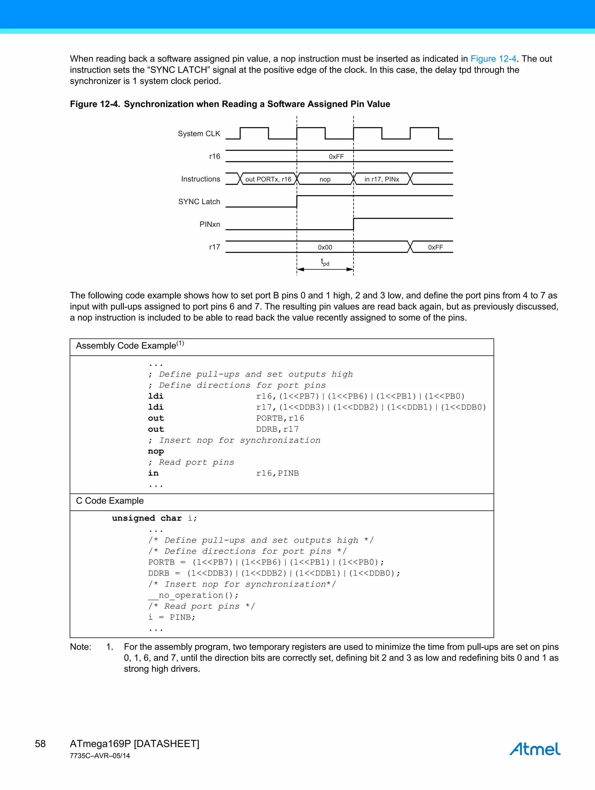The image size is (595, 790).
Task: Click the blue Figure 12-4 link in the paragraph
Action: click(x=493, y=59)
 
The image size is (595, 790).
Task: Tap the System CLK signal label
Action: click(x=199, y=134)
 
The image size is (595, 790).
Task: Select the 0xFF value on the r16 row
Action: click(x=336, y=156)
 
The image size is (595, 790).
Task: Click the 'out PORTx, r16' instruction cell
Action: click(x=268, y=179)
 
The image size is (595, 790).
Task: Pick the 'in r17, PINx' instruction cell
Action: click(x=381, y=179)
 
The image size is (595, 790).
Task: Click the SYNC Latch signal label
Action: click(x=199, y=202)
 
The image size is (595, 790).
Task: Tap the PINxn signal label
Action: click(x=210, y=224)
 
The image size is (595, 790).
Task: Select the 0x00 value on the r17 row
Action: click(x=325, y=247)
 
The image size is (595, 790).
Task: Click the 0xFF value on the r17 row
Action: click(x=436, y=247)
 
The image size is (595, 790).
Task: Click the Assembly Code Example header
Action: click(x=130, y=346)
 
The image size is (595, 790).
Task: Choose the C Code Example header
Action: click(x=110, y=501)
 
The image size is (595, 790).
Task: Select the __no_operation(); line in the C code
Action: click(x=193, y=595)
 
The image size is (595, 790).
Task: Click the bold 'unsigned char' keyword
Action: click(x=147, y=518)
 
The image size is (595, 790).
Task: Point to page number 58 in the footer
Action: click(x=40, y=744)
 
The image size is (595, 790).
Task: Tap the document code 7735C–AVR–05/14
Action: click(x=100, y=756)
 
